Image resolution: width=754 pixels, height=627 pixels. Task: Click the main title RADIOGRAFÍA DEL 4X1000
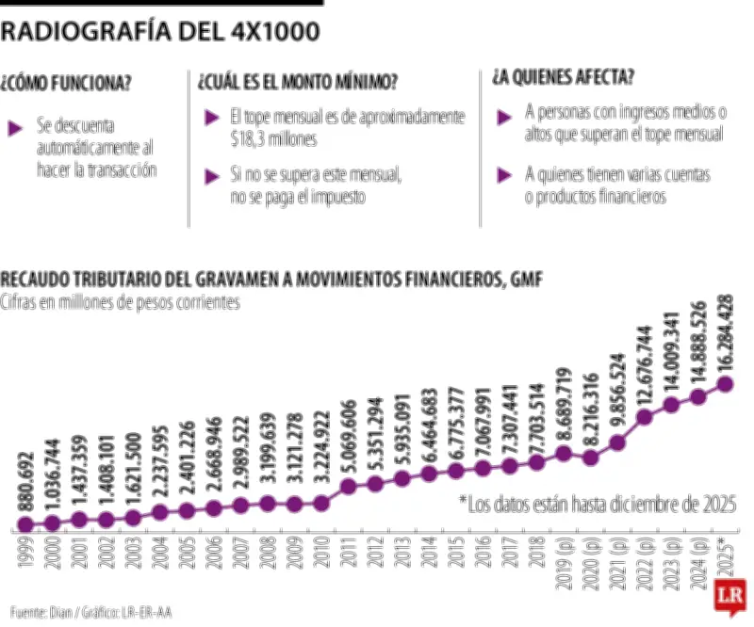point(160,32)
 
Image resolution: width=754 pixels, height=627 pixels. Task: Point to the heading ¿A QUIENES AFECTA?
point(563,76)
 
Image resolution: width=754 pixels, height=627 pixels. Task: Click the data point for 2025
point(726,383)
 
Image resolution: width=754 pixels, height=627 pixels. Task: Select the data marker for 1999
point(25,524)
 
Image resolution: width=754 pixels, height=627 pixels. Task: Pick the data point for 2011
point(349,487)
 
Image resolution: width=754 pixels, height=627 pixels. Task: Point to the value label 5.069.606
point(349,442)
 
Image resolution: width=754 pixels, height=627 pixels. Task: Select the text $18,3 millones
point(273,138)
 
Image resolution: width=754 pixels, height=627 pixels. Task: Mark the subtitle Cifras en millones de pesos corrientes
point(121,302)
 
